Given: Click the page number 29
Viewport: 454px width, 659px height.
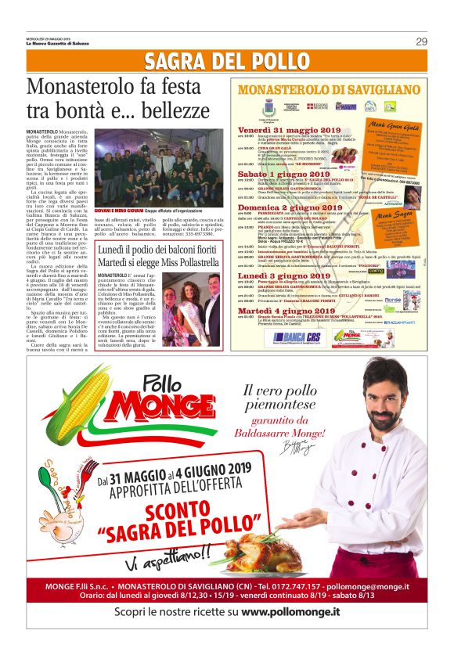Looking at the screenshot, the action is click(x=421, y=41).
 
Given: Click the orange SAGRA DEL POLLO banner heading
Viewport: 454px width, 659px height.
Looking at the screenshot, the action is click(x=227, y=61).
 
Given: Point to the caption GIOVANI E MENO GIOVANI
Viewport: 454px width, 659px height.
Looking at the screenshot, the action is click(x=116, y=211).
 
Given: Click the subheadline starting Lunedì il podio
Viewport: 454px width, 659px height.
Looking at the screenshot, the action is click(x=160, y=249).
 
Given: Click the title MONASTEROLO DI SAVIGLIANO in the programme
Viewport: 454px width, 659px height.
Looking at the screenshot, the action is click(x=329, y=88).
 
